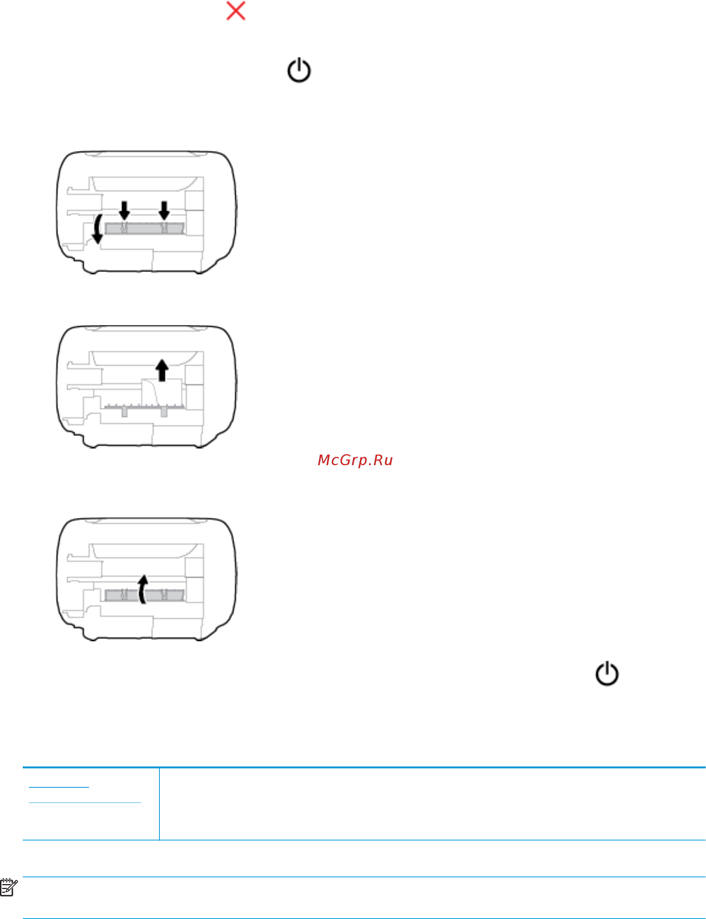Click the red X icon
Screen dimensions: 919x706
(236, 11)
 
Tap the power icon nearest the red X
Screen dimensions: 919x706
(299, 70)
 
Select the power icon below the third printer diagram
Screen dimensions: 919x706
(607, 674)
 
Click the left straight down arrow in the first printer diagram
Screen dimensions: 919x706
(124, 210)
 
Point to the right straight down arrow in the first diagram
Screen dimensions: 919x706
(164, 210)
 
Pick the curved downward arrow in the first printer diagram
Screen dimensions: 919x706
(98, 229)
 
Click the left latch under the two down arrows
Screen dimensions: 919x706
(124, 227)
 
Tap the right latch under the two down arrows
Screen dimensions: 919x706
(164, 227)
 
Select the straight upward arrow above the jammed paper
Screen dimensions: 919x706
(162, 370)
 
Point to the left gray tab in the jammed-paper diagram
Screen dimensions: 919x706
(124, 412)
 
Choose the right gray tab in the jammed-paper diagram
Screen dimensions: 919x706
(164, 412)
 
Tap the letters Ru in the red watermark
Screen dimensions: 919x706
(383, 460)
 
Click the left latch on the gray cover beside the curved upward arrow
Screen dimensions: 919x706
(124, 593)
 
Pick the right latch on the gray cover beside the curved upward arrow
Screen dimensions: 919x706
(164, 593)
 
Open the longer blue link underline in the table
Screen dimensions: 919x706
(85, 803)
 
